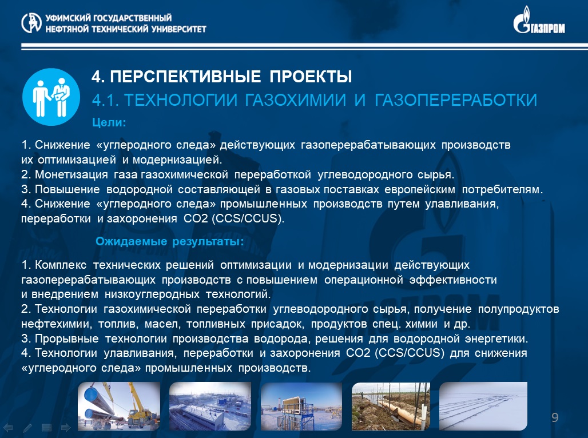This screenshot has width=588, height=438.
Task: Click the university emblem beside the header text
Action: click(31, 23)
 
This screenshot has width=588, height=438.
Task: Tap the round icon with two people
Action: click(51, 97)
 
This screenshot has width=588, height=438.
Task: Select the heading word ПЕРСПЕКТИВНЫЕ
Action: click(186, 77)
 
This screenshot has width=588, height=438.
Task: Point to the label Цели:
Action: click(109, 122)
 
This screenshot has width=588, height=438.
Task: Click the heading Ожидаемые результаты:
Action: click(169, 241)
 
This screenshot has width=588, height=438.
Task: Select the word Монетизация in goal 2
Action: click(71, 174)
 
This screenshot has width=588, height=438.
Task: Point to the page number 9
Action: click(555, 417)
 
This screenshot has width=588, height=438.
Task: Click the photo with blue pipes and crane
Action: click(119, 406)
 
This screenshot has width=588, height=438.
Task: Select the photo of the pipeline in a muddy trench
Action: click(391, 406)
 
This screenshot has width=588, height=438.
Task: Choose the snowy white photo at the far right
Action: click(483, 406)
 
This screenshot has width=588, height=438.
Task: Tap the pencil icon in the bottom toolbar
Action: click(27, 428)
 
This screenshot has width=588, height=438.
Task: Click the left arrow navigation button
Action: click(8, 428)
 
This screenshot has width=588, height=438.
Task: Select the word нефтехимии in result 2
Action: click(56, 324)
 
